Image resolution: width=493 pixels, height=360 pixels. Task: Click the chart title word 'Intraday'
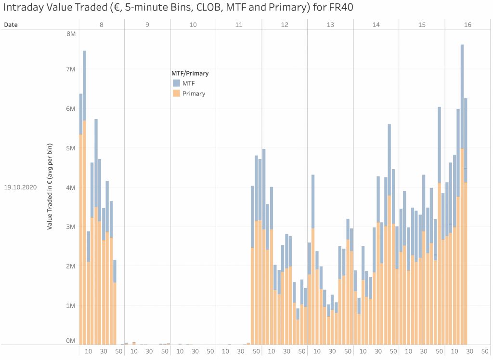(x=25, y=9)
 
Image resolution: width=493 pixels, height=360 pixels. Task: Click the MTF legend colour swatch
(x=176, y=83)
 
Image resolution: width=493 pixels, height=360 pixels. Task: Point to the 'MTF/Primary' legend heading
(x=190, y=73)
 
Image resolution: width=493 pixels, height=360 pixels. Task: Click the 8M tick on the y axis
(x=71, y=34)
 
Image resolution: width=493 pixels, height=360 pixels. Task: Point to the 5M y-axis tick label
(x=71, y=148)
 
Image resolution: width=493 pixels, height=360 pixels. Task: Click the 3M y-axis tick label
(x=71, y=227)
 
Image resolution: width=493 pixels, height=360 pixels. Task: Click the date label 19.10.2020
(x=20, y=187)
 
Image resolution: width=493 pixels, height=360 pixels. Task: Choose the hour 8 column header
(x=101, y=24)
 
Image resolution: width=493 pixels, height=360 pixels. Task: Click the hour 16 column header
(x=467, y=24)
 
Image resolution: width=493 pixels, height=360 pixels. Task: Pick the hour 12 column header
(x=285, y=24)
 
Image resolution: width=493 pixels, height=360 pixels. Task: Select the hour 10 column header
(x=193, y=24)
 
